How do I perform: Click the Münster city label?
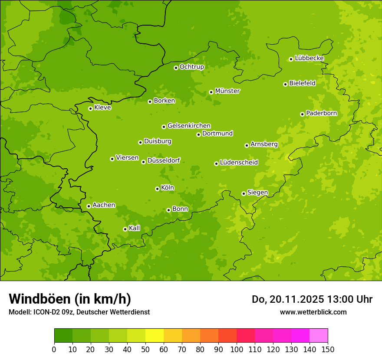point(227,91)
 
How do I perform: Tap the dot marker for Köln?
point(157,189)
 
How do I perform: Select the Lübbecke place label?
point(309,58)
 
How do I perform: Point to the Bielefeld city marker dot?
point(285,84)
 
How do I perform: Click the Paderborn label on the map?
point(321,113)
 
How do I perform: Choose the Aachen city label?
point(104,205)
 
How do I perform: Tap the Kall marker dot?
point(125,229)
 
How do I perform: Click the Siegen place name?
point(257,193)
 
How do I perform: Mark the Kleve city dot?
point(90,108)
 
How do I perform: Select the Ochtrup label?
point(191,67)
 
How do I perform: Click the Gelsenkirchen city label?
point(189,126)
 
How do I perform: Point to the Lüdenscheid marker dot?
point(216,164)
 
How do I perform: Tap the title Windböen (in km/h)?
point(70,299)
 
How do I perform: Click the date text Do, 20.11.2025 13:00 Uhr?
point(312,299)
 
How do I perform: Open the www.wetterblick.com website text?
point(313,312)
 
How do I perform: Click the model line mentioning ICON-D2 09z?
point(79,312)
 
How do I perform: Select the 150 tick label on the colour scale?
point(328,349)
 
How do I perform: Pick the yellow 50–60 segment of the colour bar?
point(155,336)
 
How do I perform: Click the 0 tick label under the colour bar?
point(54,349)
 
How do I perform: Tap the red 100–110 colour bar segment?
point(246,336)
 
